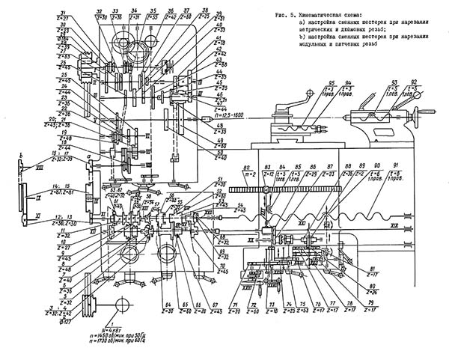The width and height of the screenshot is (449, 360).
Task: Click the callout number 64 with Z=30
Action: click(x=166, y=305)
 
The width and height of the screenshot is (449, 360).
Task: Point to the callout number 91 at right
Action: click(x=406, y=165)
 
